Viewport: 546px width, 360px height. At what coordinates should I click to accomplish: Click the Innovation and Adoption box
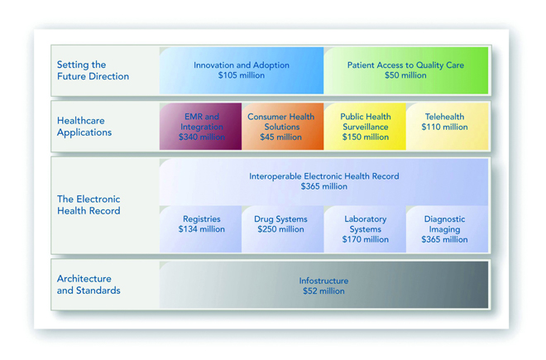point(242,70)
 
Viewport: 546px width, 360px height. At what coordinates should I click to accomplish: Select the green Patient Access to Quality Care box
point(405,70)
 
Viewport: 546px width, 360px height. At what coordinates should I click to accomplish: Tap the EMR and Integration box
point(200,126)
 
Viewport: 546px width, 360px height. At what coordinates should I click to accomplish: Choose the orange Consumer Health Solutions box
point(283,126)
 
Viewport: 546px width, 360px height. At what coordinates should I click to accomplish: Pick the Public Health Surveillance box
point(365,126)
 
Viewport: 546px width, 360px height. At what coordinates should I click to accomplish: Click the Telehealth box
point(447,126)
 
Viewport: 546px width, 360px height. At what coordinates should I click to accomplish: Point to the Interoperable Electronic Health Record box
point(323,182)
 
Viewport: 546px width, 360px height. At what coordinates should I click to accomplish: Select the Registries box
point(200,229)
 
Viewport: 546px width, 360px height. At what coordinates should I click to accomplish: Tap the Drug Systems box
point(283,229)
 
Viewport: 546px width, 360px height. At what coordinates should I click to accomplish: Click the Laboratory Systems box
point(365,229)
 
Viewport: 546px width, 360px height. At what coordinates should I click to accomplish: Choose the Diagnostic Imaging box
point(447,229)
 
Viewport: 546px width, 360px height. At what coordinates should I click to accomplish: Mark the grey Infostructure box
point(323,285)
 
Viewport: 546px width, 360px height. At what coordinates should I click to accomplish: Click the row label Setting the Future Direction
point(93,70)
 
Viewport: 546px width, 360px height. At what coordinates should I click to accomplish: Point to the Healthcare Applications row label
point(84,127)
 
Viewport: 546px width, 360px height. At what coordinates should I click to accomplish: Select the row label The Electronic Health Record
point(89,205)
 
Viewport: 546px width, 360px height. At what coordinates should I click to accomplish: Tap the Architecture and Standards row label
point(89,285)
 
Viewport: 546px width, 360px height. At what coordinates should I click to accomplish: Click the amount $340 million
point(202,137)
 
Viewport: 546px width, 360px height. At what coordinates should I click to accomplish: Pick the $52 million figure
point(323,291)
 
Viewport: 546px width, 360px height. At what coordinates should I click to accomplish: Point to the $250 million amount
point(280,229)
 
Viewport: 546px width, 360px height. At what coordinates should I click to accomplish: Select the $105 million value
point(242,75)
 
